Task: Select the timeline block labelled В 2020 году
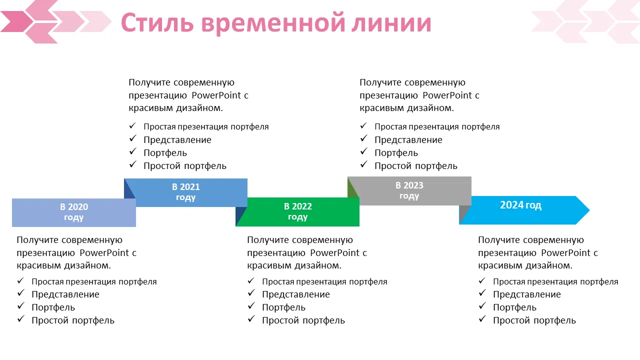(74, 212)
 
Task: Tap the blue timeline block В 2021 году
(186, 192)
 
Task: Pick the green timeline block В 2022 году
(298, 212)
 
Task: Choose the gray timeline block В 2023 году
(409, 190)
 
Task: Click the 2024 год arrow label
(520, 205)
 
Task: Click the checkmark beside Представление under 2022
(251, 293)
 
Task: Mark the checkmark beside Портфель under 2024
(482, 306)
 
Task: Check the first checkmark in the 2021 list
(132, 126)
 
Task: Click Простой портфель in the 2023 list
(416, 165)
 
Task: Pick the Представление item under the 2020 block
(65, 294)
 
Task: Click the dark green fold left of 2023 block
(352, 188)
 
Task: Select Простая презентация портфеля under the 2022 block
(324, 281)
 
